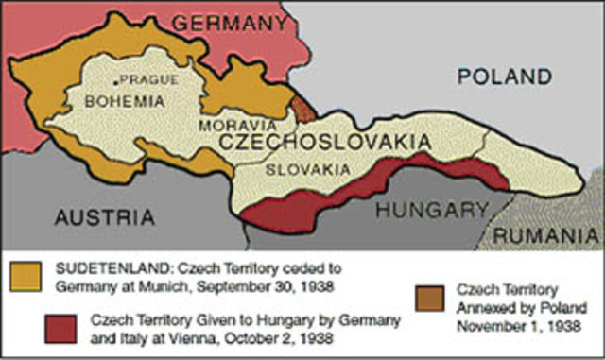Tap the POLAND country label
(504, 76)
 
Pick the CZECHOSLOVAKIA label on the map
(325, 142)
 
